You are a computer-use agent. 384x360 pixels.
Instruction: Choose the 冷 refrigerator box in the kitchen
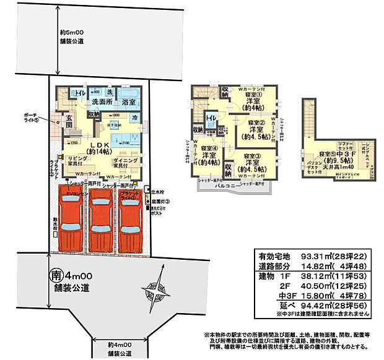pyautogui.click(x=135, y=117)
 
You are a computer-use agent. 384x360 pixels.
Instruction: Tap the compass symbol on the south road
pyautogui.click(x=156, y=289)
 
